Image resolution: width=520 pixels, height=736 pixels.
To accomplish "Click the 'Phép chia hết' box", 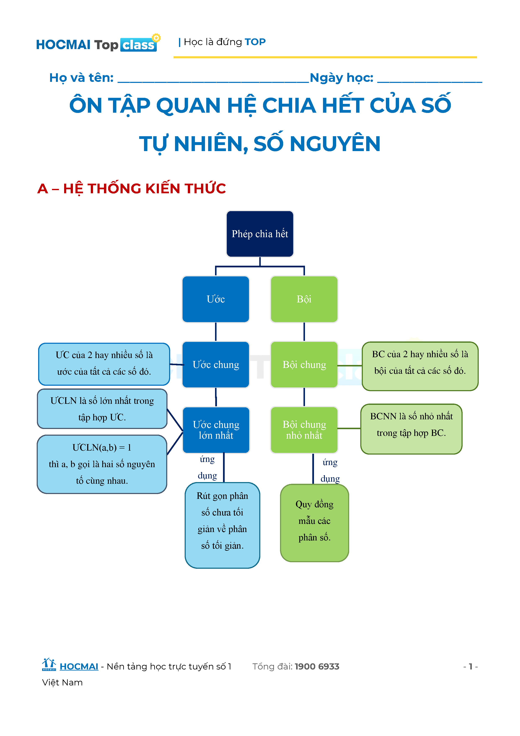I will (260, 234).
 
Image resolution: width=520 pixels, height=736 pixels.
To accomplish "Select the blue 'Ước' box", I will (215, 299).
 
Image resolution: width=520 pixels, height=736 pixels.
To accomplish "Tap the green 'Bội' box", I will (304, 299).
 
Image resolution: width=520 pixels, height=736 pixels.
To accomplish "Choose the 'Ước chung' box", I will (215, 365).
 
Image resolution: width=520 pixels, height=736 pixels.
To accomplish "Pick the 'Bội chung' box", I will (304, 365).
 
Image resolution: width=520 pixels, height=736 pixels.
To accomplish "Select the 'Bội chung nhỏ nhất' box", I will (304, 430).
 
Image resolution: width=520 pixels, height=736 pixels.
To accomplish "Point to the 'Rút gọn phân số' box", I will (222, 525).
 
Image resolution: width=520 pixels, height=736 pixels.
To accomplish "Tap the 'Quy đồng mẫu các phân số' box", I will (314, 523).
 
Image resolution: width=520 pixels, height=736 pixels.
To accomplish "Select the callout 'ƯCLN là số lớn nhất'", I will (102, 409).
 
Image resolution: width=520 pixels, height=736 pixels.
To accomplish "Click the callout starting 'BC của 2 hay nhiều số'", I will (420, 366).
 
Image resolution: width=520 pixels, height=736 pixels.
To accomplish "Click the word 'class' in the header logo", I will (138, 45).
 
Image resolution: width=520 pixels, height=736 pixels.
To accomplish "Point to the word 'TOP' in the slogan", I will (255, 42).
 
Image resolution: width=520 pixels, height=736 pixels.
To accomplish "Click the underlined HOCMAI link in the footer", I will (79, 667).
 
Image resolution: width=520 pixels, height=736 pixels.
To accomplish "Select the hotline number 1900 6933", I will (317, 667).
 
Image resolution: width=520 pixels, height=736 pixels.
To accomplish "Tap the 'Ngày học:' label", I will (341, 78).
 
